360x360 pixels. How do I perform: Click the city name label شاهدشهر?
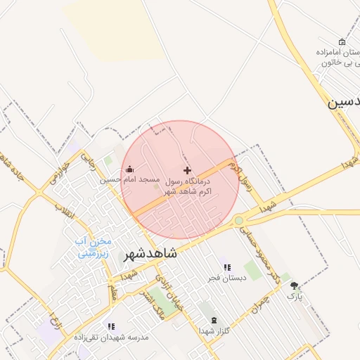[151, 254]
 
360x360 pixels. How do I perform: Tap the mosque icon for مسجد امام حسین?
[129, 169]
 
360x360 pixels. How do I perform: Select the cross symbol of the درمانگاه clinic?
[186, 170]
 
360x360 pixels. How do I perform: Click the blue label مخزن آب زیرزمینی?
[93, 247]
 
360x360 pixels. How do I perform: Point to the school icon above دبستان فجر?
[226, 267]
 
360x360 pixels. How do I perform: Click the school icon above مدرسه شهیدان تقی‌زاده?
[110, 326]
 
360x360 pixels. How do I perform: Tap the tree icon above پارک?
[294, 285]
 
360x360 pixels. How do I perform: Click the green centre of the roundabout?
[239, 221]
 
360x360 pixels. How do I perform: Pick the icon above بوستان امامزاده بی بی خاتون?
[342, 41]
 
